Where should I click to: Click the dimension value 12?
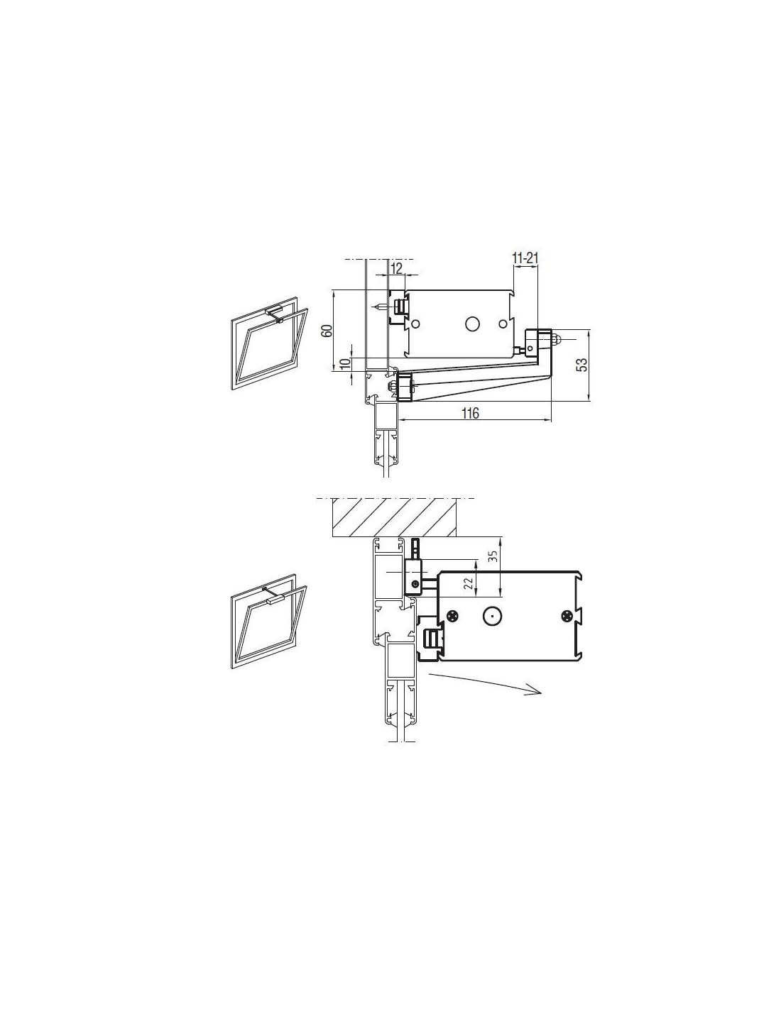(x=396, y=268)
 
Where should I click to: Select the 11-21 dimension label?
(x=525, y=258)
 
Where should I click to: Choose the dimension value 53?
(x=581, y=363)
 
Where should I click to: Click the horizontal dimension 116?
(x=470, y=413)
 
